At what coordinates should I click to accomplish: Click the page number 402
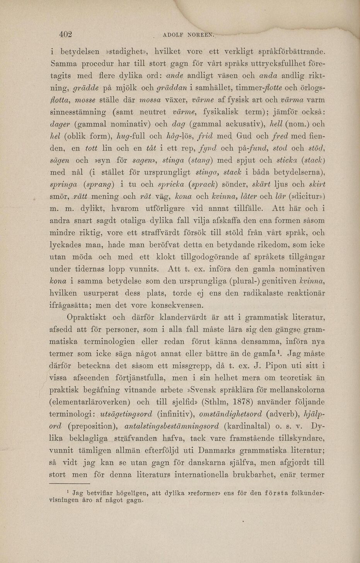pos(66,34)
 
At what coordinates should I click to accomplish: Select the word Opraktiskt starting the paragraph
pos(87,318)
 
